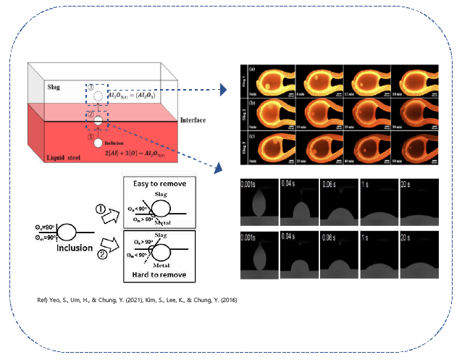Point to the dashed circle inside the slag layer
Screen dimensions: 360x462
click(97, 93)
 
